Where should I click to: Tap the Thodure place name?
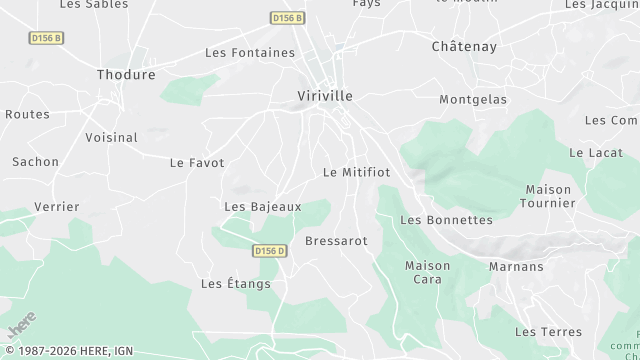[x=126, y=75]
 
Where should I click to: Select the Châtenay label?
[x=464, y=47]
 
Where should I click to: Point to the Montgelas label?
[x=473, y=100]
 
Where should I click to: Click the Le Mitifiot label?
[x=357, y=172]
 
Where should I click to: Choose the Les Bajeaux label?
[x=263, y=207]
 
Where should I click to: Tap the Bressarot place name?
[x=336, y=241]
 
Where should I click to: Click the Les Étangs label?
[x=236, y=284]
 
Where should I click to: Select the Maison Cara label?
[x=427, y=272]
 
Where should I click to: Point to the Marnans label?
[x=516, y=267]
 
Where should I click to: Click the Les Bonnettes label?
[x=446, y=220]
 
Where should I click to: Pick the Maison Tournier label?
[x=548, y=196]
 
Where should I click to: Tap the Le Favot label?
[x=197, y=162]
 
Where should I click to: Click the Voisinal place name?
[x=111, y=137]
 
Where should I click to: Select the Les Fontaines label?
[x=250, y=53]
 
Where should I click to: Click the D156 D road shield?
[x=269, y=251]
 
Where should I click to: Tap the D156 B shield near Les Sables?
[x=45, y=38]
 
